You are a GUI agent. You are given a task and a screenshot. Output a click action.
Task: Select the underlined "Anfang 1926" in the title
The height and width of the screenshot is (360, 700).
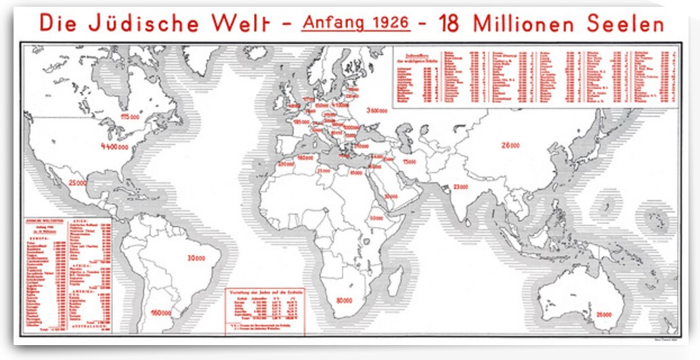click(356, 23)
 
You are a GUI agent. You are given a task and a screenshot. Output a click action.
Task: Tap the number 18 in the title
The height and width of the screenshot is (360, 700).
click(450, 23)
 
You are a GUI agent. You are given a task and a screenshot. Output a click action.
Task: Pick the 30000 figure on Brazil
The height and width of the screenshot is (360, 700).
click(197, 257)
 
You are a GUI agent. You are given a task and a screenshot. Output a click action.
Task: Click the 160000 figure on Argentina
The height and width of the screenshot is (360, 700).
click(162, 313)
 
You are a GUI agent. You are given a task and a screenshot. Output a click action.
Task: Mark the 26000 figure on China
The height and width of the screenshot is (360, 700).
click(510, 145)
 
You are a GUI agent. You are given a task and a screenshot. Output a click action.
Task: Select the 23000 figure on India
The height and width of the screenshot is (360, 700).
click(461, 186)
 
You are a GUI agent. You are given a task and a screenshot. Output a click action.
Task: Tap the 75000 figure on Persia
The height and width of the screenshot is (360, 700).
click(408, 161)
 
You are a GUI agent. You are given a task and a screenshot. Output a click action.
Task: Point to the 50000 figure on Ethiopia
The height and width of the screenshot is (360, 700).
click(377, 218)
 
